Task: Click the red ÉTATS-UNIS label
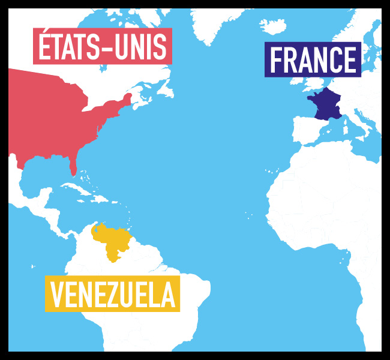click(x=103, y=46)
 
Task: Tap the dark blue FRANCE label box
click(x=313, y=59)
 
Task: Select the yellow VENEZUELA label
click(x=112, y=294)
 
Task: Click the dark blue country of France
click(x=326, y=104)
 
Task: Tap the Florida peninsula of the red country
click(x=73, y=165)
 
